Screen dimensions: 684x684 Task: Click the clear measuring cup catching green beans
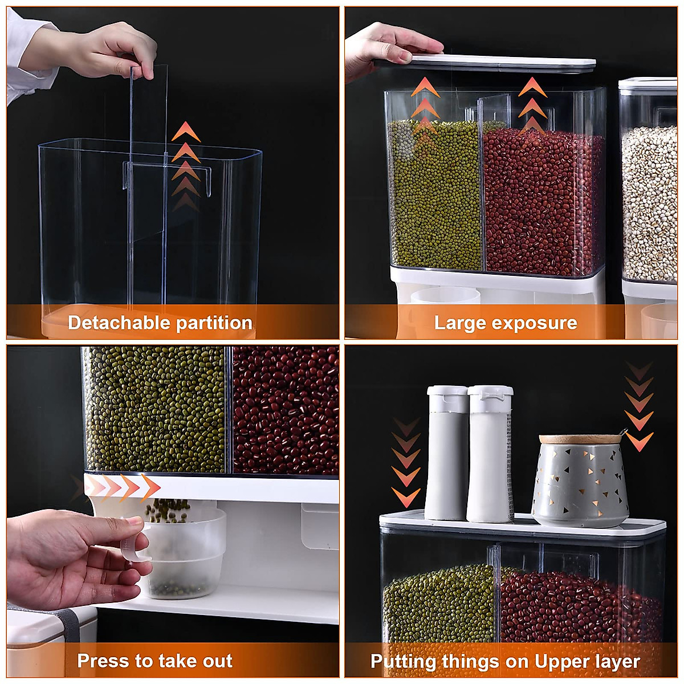(x=182, y=553)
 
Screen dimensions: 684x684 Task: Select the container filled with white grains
(x=650, y=199)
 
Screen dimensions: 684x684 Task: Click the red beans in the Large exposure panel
(x=541, y=199)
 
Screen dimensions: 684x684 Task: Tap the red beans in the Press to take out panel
(x=285, y=410)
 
